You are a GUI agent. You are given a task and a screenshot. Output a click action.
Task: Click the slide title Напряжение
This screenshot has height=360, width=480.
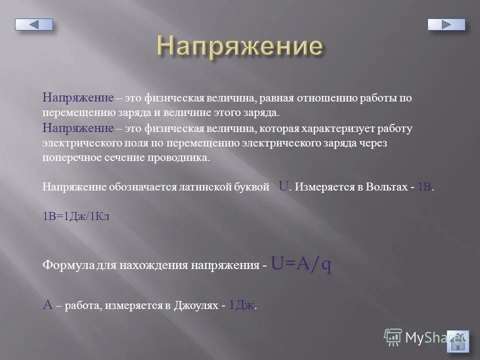[239, 46]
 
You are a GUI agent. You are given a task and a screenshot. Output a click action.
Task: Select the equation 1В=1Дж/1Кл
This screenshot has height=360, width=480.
[76, 216]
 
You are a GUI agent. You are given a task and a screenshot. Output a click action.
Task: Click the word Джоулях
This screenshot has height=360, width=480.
[195, 306]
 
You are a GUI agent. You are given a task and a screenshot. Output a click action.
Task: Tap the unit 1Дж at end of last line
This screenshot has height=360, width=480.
[242, 305]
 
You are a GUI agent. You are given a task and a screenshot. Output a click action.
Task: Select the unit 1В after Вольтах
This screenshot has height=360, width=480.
[424, 187]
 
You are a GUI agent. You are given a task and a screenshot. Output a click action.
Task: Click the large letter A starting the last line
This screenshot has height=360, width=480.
[48, 305]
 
